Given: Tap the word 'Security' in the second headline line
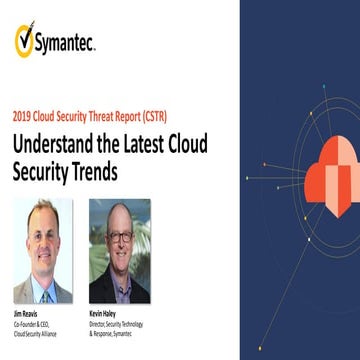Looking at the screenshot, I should pyautogui.click(x=41, y=170).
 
